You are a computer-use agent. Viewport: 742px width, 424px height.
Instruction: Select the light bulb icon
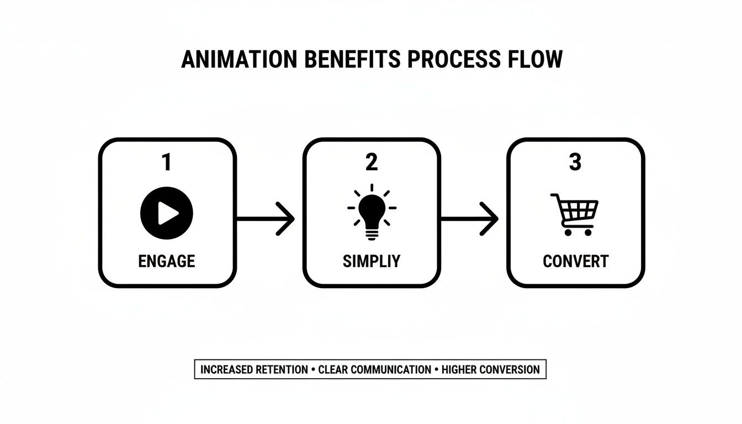pyautogui.click(x=372, y=213)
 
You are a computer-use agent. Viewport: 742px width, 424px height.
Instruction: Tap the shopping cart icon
pyautogui.click(x=574, y=214)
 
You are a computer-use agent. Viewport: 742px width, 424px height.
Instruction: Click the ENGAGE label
pyautogui.click(x=167, y=261)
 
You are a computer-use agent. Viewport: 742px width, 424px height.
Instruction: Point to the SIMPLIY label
pyautogui.click(x=371, y=261)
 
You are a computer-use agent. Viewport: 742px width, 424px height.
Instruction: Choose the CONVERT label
pyautogui.click(x=575, y=261)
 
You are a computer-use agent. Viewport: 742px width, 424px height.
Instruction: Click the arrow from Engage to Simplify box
pyautogui.click(x=268, y=219)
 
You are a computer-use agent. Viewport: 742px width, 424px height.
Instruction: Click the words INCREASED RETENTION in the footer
pyautogui.click(x=254, y=369)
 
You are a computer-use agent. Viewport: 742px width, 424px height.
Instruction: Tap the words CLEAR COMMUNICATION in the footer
pyautogui.click(x=375, y=369)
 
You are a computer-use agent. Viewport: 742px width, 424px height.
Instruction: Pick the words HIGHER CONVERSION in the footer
pyautogui.click(x=491, y=369)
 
